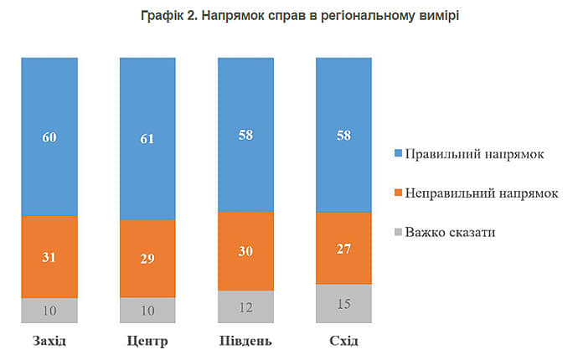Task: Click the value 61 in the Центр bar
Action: pos(147,138)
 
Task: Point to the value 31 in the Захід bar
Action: pos(49,257)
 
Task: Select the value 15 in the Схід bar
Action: pos(343,304)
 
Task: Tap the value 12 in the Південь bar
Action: pos(245,307)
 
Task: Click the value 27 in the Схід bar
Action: pos(343,248)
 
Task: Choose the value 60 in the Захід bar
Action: pos(49,136)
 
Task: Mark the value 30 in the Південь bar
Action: pos(245,251)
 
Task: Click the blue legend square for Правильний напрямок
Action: pos(398,155)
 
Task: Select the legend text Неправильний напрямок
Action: pos(481,193)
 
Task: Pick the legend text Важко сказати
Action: pos(450,231)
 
